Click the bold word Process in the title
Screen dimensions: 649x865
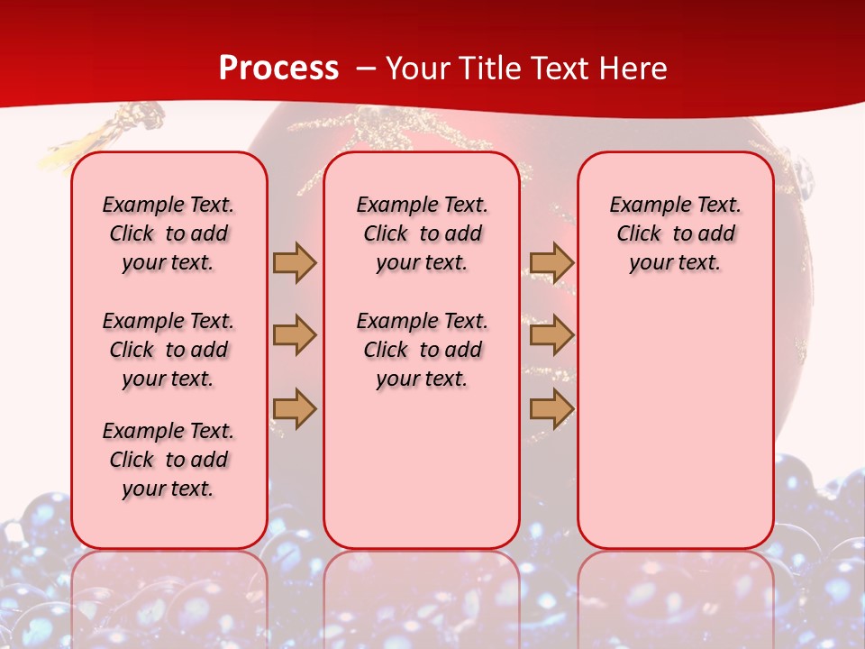pyautogui.click(x=278, y=69)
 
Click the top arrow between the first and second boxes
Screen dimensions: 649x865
pyautogui.click(x=295, y=262)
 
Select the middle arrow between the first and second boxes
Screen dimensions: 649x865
pyautogui.click(x=295, y=335)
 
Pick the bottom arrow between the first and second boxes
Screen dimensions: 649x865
pyautogui.click(x=295, y=408)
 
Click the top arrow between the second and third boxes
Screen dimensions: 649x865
pyautogui.click(x=551, y=262)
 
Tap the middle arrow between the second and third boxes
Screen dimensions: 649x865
pyautogui.click(x=551, y=335)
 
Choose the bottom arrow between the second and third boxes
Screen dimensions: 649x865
pyautogui.click(x=551, y=408)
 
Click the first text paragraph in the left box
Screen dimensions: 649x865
pyautogui.click(x=168, y=233)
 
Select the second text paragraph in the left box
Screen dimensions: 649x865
pyautogui.click(x=168, y=350)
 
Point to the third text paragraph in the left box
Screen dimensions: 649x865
pyautogui.click(x=168, y=460)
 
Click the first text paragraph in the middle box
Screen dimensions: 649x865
pyautogui.click(x=422, y=233)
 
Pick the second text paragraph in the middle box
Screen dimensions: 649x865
pyautogui.click(x=422, y=350)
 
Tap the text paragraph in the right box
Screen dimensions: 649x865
pyautogui.click(x=675, y=233)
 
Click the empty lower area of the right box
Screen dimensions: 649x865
pyautogui.click(x=675, y=424)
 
